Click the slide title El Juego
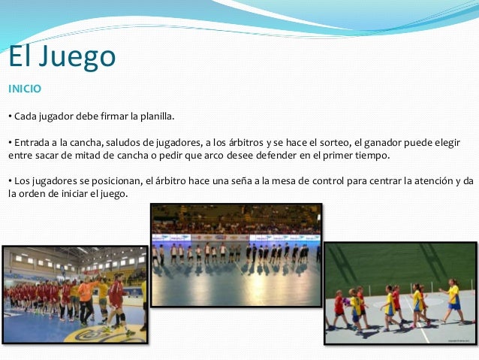(x=62, y=56)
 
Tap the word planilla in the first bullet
(x=155, y=116)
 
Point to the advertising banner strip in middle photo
(x=236, y=238)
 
